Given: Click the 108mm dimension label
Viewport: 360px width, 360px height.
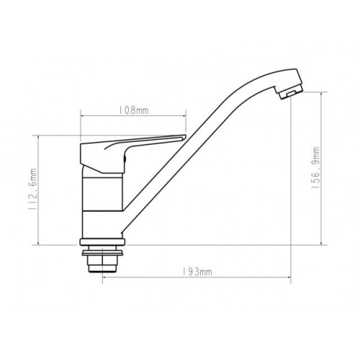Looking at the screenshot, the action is [x=134, y=110].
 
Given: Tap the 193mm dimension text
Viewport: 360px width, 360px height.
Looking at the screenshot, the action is [x=197, y=272].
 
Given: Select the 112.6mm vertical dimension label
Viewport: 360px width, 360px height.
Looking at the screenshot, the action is [x=32, y=189].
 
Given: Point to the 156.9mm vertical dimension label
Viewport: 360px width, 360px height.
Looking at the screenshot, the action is [x=315, y=168].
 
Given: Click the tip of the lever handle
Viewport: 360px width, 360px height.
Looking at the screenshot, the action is [x=185, y=138].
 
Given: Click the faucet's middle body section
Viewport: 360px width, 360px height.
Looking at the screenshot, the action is [x=102, y=194].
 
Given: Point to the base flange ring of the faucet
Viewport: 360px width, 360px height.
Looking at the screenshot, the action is [x=102, y=242].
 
